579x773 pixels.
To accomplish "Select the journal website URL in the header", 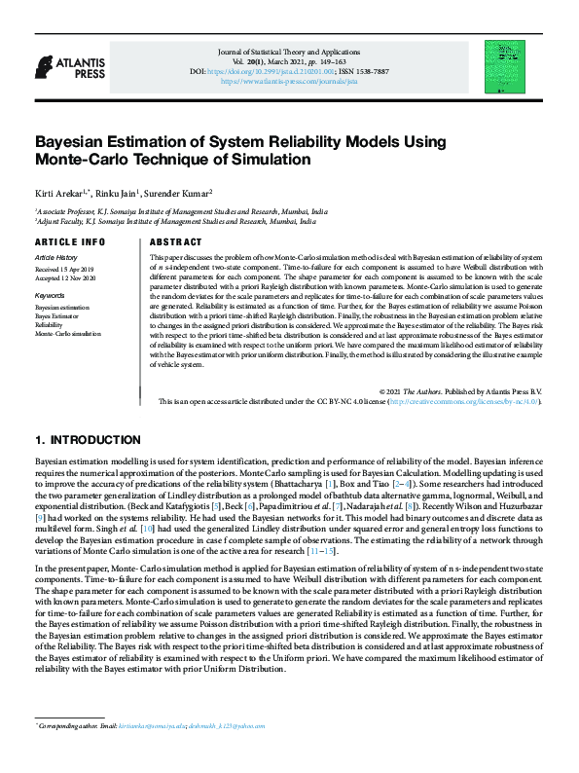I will click(x=289, y=82).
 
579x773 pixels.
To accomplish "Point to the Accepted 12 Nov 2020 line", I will click(x=66, y=276).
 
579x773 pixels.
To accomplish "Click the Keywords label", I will click(x=50, y=294).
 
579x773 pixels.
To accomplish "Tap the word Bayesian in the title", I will click(x=77, y=140).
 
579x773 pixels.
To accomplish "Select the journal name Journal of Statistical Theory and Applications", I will click(x=289, y=50).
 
